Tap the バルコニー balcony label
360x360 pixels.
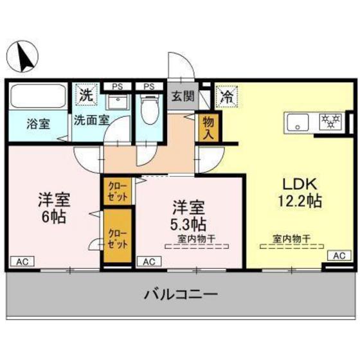pyautogui.click(x=180, y=296)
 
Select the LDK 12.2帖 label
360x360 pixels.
pyautogui.click(x=296, y=192)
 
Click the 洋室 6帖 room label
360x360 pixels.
pyautogui.click(x=53, y=207)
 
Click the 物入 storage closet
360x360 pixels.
pyautogui.click(x=209, y=127)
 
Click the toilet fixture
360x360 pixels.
pyautogui.click(x=149, y=108)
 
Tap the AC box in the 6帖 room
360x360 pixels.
pyautogui.click(x=21, y=262)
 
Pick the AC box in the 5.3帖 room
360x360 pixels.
pyautogui.click(x=148, y=262)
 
